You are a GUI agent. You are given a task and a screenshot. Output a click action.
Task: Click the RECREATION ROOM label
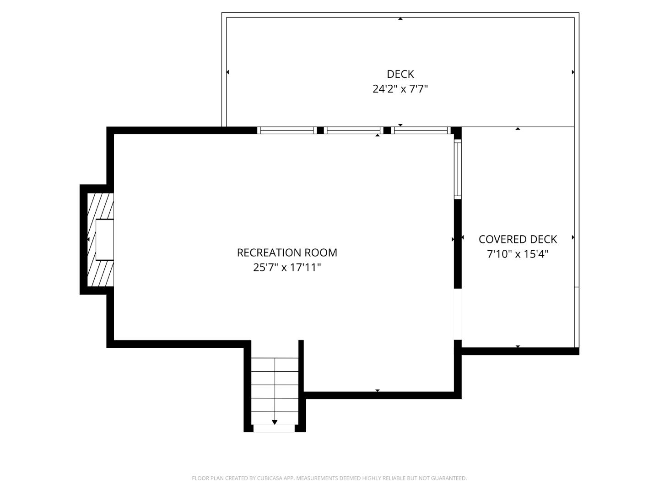[287, 253]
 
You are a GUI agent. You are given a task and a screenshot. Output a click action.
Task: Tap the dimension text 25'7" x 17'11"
[287, 267]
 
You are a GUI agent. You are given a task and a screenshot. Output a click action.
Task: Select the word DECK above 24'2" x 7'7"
[400, 74]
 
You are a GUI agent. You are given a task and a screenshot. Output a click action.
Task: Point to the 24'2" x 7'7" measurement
[400, 89]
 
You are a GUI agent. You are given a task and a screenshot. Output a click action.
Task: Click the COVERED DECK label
[518, 239]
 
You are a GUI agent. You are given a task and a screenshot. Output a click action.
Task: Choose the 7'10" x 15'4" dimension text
[518, 254]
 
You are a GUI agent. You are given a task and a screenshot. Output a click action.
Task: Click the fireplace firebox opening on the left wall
[104, 240]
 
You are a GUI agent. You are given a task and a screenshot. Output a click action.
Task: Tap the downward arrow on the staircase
[275, 422]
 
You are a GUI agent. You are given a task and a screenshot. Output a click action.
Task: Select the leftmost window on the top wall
[287, 130]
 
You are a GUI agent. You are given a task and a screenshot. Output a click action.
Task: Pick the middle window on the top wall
[353, 130]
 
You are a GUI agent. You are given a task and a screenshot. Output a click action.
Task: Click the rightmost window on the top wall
[421, 130]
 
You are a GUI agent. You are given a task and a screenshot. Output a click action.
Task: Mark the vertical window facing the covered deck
[458, 169]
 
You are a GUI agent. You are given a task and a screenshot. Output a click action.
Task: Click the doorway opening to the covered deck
[458, 314]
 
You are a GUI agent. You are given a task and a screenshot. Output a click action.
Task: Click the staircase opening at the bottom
[274, 429]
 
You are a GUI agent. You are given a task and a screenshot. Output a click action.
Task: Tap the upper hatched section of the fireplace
[101, 206]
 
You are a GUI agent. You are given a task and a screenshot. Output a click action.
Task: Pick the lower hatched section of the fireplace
[101, 274]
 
